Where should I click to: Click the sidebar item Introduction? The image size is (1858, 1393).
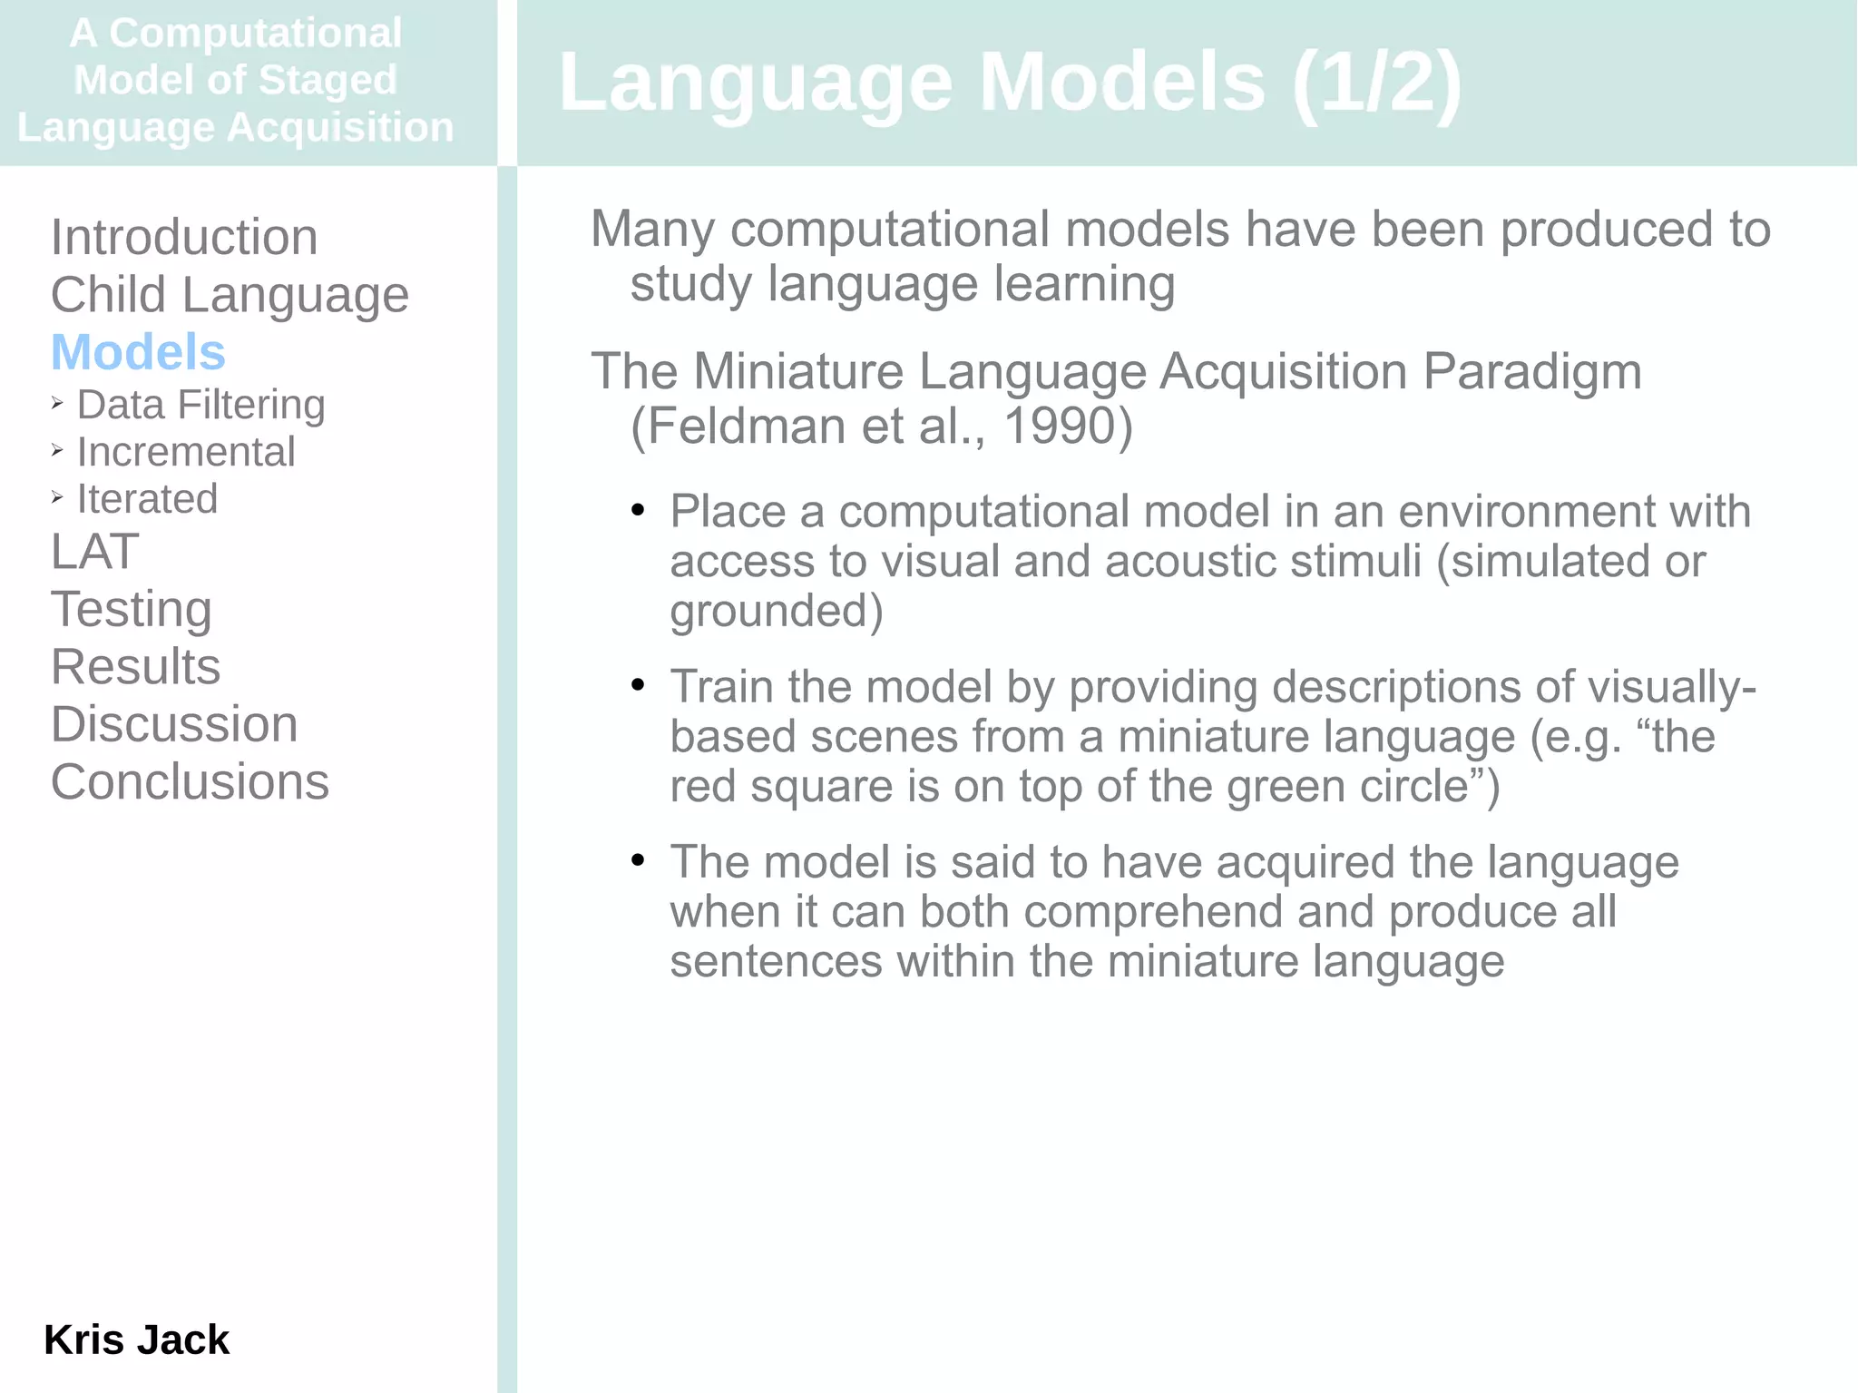[x=184, y=238]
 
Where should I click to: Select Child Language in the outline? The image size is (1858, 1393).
[x=230, y=295]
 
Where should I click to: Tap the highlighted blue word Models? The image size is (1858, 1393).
[x=138, y=352]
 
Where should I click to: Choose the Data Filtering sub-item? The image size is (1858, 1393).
[x=200, y=405]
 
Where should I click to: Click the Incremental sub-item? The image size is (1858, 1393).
[x=186, y=452]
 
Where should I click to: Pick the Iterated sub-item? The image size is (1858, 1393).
[x=147, y=499]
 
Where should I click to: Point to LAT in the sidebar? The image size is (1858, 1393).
[x=95, y=552]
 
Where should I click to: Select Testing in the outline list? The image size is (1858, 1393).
[x=132, y=609]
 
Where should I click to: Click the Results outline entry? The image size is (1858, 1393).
[x=135, y=667]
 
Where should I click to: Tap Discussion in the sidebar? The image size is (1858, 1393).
[x=174, y=724]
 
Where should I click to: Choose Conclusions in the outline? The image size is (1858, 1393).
[x=190, y=782]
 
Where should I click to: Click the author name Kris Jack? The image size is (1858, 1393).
[x=136, y=1339]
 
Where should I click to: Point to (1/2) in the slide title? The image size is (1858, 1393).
[x=1376, y=83]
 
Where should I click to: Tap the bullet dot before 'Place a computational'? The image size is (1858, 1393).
[x=638, y=511]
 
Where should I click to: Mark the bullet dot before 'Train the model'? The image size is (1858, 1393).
[x=638, y=686]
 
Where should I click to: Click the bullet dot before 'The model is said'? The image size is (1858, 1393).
[x=638, y=860]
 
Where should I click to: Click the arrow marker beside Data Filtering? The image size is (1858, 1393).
[x=57, y=403]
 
